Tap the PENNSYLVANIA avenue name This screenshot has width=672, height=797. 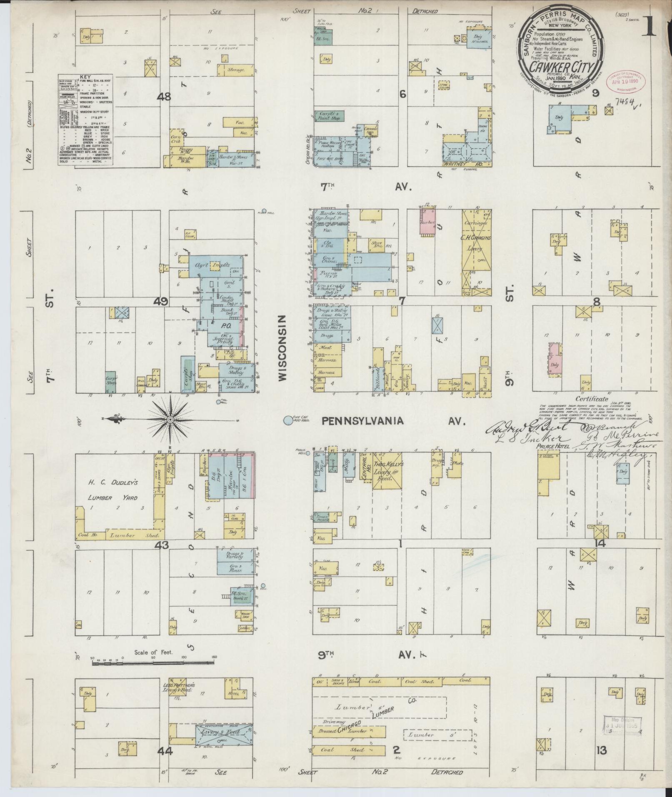coord(362,421)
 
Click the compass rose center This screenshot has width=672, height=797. coord(170,419)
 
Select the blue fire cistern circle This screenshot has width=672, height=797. coord(287,421)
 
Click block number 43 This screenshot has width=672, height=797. coord(162,545)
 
